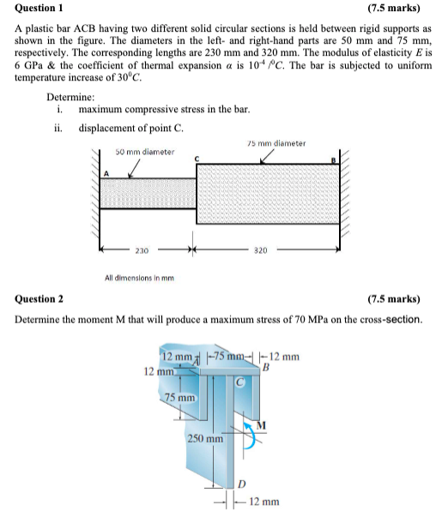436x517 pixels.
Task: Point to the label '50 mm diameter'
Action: pyautogui.click(x=145, y=152)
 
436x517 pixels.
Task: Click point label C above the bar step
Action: pyautogui.click(x=197, y=159)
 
